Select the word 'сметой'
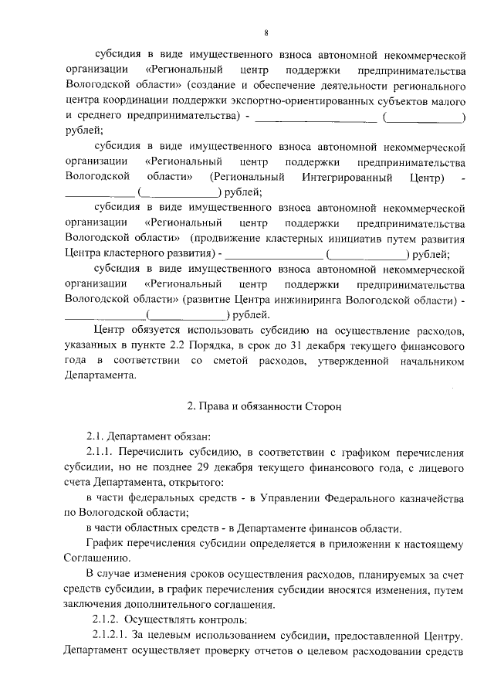click(232, 359)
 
